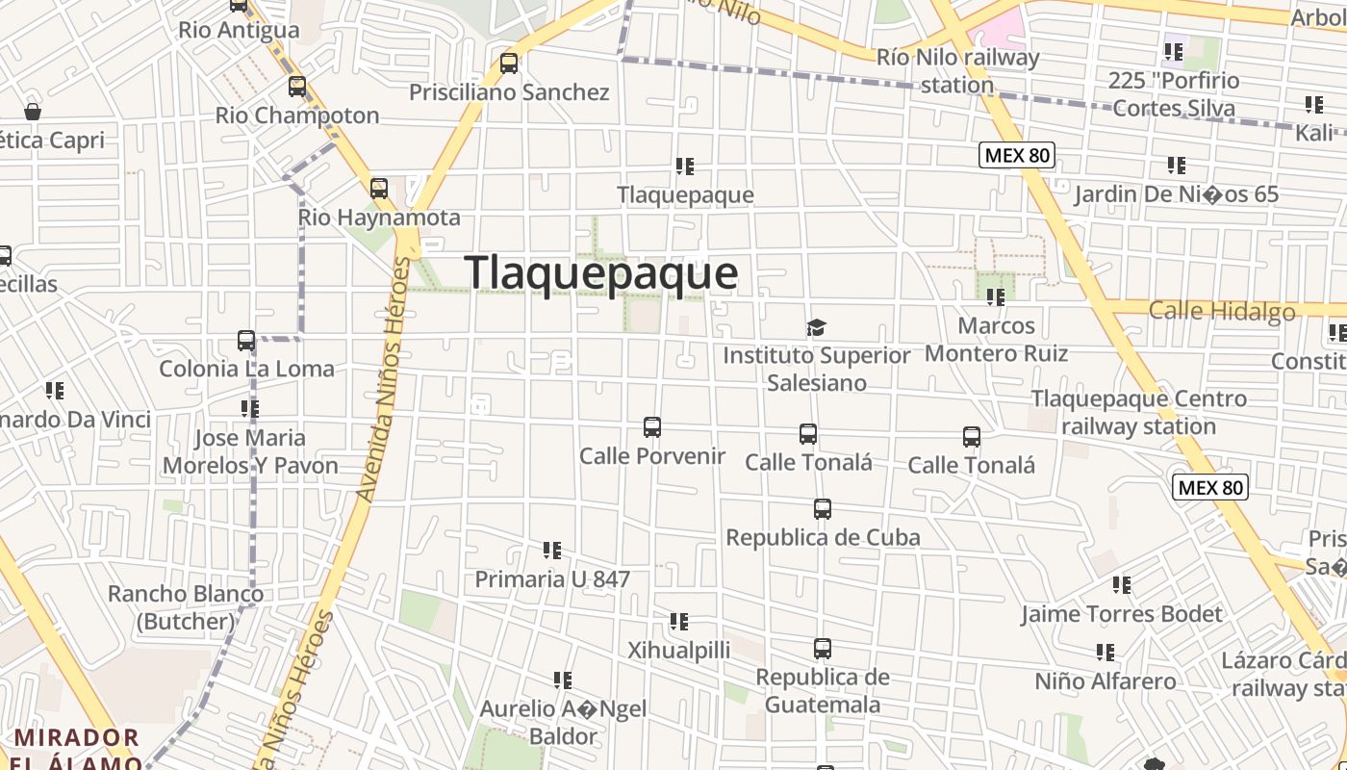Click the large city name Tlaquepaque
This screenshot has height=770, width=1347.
601,272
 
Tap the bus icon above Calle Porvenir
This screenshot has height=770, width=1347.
652,426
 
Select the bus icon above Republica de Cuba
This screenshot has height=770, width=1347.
822,509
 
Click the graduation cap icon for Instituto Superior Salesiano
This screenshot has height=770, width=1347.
816,328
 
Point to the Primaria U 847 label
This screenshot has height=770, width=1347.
552,578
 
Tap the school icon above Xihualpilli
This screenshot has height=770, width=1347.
679,622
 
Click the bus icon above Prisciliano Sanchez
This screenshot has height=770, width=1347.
509,64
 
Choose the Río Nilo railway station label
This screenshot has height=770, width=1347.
958,70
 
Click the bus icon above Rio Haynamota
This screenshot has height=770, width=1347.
379,189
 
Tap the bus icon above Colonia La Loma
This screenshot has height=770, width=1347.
246,341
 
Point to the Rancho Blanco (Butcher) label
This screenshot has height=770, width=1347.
185,607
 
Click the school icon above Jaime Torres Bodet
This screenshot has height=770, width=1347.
1122,584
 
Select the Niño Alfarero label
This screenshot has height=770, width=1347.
1105,681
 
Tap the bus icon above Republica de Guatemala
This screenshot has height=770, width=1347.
822,649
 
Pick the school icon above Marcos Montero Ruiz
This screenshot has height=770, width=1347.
996,297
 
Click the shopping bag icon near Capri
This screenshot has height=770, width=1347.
33,112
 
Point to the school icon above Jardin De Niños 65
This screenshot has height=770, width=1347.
1176,166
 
